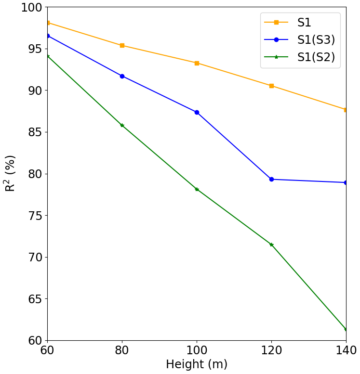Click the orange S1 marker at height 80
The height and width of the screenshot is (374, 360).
point(122,45)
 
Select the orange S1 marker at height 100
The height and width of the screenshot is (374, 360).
point(197,63)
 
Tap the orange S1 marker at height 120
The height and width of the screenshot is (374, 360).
point(271,86)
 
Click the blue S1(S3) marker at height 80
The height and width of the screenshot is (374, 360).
point(122,76)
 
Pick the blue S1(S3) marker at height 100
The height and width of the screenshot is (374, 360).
point(197,112)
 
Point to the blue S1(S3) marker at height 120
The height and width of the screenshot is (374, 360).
point(271,179)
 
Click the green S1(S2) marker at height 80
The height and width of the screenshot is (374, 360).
point(122,125)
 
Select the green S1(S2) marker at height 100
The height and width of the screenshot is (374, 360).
point(197,189)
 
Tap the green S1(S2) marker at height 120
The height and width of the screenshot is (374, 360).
point(271,245)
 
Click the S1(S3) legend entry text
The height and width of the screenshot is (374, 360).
point(316,39)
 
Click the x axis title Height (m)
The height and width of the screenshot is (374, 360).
point(197,364)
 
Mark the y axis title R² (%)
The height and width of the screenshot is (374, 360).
point(11,173)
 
